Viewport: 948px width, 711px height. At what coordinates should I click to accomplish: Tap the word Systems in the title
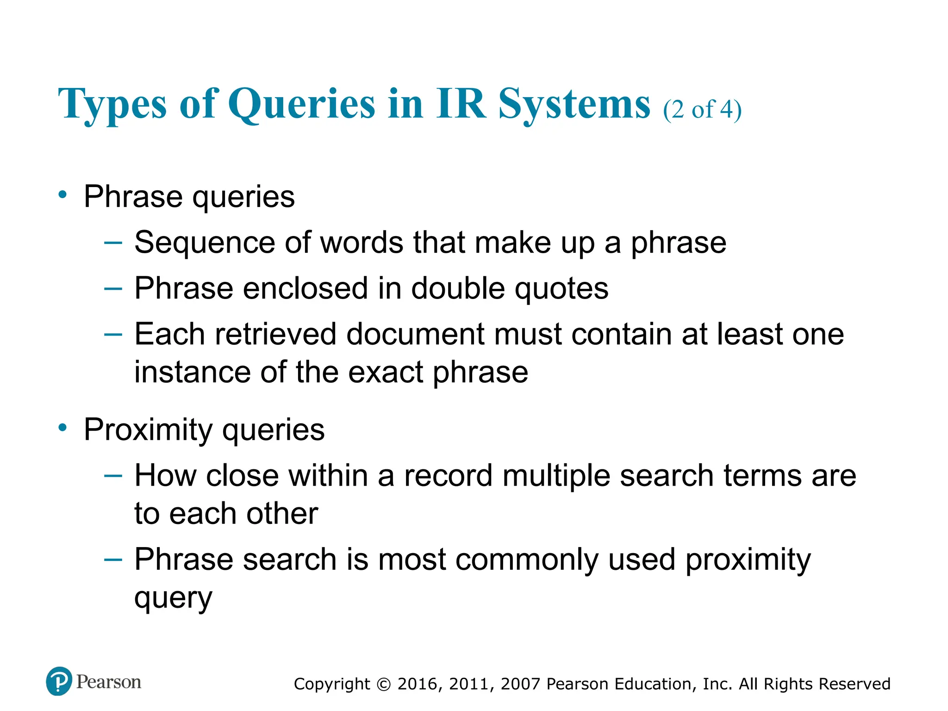tap(574, 104)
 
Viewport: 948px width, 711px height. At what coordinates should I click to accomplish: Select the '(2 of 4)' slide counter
tap(702, 110)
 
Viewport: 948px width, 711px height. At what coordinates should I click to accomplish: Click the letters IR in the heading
tap(461, 104)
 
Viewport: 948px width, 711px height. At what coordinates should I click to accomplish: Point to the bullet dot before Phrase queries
tap(62, 194)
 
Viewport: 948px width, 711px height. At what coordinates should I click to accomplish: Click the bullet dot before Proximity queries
tap(62, 427)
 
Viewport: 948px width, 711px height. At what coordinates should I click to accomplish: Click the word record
tap(448, 476)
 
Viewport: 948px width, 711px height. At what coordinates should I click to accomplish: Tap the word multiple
tap(556, 477)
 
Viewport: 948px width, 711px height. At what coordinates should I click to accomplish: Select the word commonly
tap(526, 560)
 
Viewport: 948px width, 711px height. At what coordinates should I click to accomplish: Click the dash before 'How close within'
tap(113, 475)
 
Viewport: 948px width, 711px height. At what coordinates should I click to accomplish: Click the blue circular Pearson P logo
tap(59, 681)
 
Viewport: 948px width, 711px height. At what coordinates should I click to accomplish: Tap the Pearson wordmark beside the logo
tap(109, 682)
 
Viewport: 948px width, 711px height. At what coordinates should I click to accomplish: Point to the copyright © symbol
tap(384, 684)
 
